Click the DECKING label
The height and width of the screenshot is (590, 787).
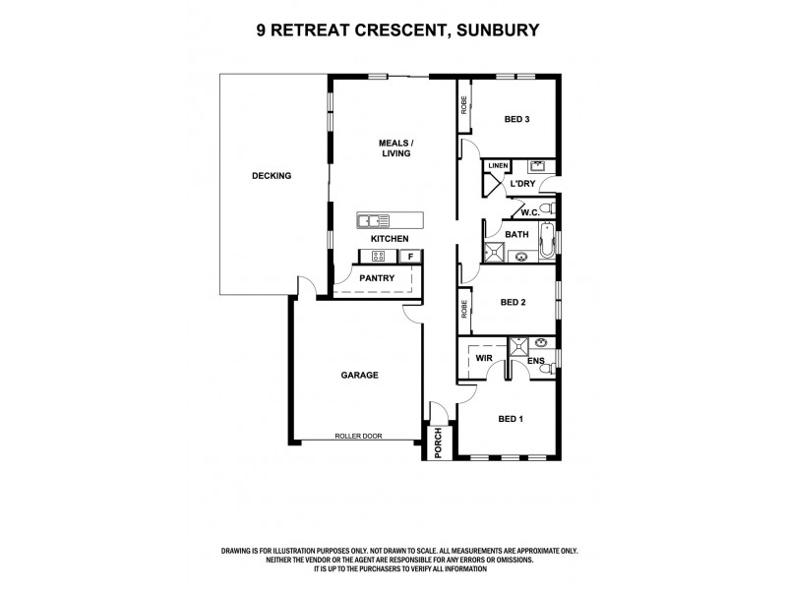(x=272, y=176)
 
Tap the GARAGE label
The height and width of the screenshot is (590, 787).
(x=360, y=375)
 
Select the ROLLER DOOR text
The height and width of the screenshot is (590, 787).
(x=358, y=436)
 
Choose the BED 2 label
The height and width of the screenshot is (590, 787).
(x=514, y=303)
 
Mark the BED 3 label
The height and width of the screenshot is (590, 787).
(x=517, y=120)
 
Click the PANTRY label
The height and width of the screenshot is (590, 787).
(x=377, y=278)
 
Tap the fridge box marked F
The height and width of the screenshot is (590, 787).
(x=411, y=257)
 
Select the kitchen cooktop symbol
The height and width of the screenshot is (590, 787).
(x=377, y=257)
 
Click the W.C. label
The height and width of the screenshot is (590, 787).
(x=529, y=211)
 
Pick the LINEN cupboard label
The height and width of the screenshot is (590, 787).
(x=498, y=165)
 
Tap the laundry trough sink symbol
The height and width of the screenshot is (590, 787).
(x=538, y=165)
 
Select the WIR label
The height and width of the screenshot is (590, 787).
(x=484, y=360)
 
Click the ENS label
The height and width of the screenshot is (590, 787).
(x=536, y=361)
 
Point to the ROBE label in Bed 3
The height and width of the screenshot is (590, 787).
(x=464, y=104)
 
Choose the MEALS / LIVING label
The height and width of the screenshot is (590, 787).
(x=395, y=147)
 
